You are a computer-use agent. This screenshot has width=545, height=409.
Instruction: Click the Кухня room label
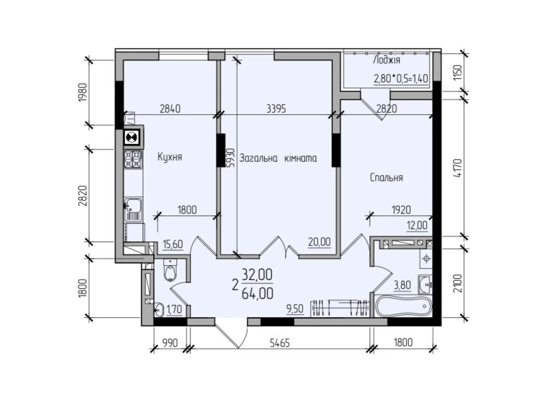(x=170, y=157)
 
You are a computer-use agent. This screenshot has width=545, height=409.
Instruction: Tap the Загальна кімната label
(x=278, y=158)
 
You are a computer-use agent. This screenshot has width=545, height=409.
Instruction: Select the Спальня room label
(x=386, y=178)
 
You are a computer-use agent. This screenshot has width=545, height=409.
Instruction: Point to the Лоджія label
(x=386, y=60)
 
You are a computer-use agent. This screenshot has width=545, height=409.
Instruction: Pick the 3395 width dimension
(x=276, y=109)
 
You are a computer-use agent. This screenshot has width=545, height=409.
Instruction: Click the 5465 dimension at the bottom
(x=280, y=343)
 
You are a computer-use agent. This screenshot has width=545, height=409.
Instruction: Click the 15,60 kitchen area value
(x=173, y=244)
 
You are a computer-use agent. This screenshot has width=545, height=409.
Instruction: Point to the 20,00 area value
(x=319, y=242)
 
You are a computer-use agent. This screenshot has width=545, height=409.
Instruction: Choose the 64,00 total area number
(x=258, y=293)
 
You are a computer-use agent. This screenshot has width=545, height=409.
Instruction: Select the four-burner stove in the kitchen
(x=133, y=159)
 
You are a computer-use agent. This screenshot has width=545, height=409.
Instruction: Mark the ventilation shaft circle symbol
(x=133, y=137)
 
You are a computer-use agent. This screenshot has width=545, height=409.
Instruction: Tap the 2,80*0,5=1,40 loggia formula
(x=401, y=79)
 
